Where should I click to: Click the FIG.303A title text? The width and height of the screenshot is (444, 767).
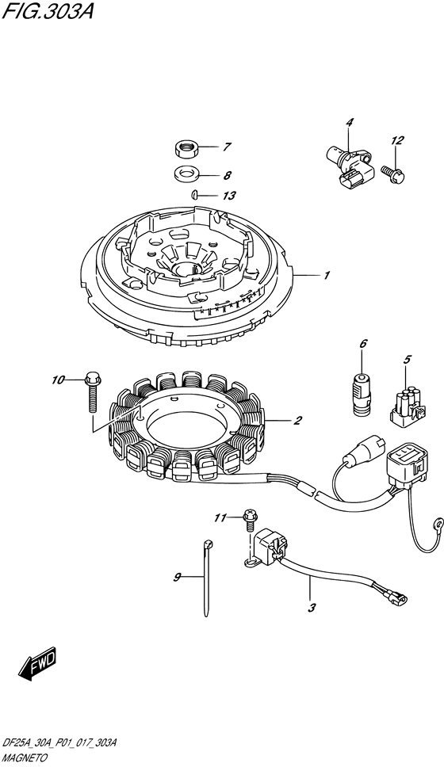click(x=48, y=11)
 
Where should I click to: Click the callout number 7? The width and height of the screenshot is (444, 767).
click(x=227, y=147)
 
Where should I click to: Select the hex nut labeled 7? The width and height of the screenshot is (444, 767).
click(x=185, y=148)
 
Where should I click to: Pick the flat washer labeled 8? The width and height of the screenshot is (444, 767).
click(x=185, y=174)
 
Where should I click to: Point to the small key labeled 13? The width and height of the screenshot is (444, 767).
click(x=194, y=194)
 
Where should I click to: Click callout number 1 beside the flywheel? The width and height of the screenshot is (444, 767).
click(x=326, y=276)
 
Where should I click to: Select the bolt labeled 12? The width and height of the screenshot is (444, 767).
click(x=393, y=173)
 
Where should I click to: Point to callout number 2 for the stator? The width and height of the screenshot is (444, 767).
click(x=297, y=420)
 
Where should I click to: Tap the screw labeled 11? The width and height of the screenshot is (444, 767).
click(x=248, y=521)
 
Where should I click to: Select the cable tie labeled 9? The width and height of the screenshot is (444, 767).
click(x=207, y=576)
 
